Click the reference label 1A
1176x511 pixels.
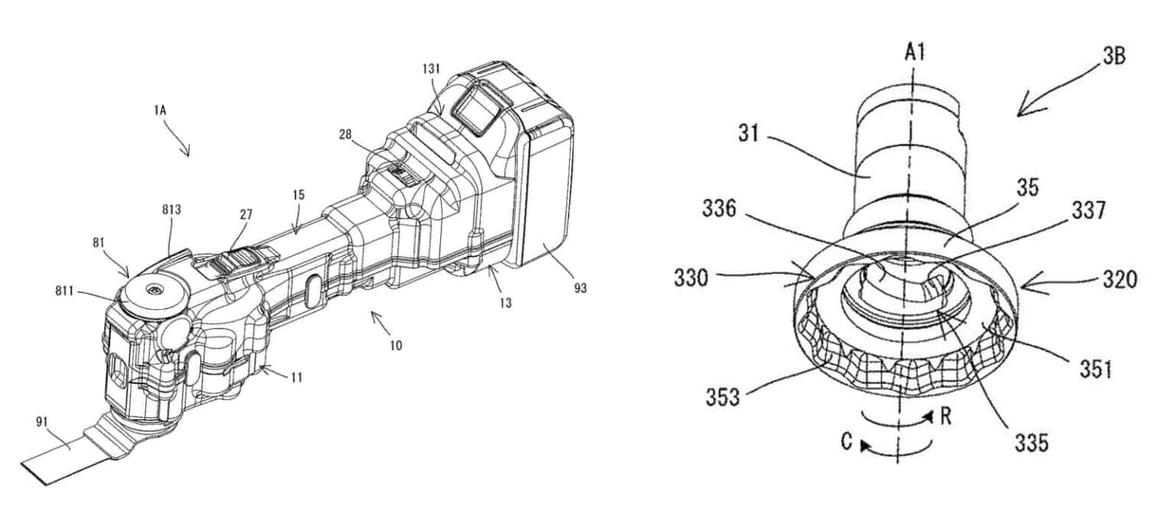coord(159,110)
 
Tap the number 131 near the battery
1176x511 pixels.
coord(430,69)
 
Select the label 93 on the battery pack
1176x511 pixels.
coord(580,288)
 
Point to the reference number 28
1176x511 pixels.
coord(345,135)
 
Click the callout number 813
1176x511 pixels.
coord(171,210)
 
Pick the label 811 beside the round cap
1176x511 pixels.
coord(64,291)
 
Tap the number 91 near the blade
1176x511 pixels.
coord(42,421)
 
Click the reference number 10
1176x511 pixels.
coord(396,345)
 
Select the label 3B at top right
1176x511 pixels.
coord(1113,56)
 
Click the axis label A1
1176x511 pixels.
coord(915,52)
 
